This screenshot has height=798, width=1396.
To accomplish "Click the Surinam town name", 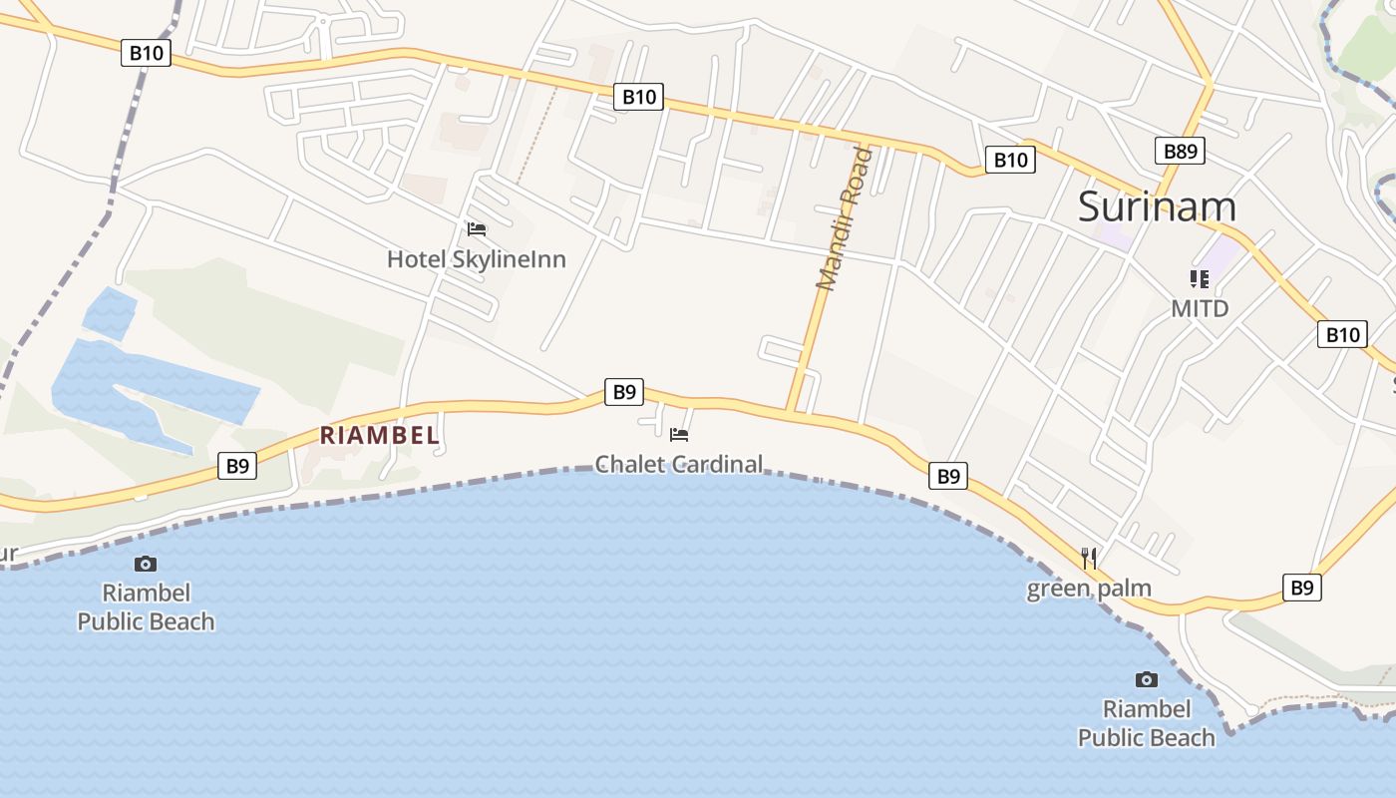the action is point(1157,206).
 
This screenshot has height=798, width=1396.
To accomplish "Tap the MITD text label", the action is point(1200,308).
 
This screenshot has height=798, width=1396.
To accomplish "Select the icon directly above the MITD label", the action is point(1199,278).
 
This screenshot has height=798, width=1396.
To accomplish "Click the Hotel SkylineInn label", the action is point(476,259).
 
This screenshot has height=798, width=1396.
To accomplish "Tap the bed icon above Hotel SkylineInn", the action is point(477,229).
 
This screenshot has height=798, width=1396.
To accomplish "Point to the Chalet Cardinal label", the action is point(678,464).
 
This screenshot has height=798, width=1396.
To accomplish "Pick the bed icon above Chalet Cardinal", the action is point(679,435).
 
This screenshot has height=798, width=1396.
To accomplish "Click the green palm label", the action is point(1089,589).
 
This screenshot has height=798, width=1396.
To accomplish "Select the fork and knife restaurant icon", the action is point(1089,558).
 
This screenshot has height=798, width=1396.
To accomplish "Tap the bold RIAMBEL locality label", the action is point(379,435).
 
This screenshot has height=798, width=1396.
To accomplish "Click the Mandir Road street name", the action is point(843,219).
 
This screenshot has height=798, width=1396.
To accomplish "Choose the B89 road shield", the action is point(1180,151).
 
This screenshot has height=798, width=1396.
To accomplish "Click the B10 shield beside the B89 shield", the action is point(1009,160).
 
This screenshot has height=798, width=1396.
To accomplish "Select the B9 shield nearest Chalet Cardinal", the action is point(623,392).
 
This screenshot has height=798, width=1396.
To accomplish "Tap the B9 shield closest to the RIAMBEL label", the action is point(236,466).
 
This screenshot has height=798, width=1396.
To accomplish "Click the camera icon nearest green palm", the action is point(1147,680).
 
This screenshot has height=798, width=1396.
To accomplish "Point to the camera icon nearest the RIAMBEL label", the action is point(146,565).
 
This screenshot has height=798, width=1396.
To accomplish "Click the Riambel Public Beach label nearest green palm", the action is point(1147,723).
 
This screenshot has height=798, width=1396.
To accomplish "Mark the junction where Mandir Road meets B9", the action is point(790,410).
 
